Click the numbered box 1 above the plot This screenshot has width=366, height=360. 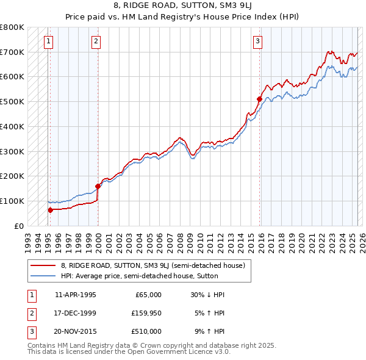point(48,41)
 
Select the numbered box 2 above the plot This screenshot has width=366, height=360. point(96,41)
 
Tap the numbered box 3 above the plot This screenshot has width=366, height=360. point(258,41)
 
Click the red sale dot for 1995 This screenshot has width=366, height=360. point(50,210)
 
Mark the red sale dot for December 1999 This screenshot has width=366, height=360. point(98,186)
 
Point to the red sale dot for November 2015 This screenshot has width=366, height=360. point(259,98)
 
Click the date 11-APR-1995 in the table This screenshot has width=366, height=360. point(76,295)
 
